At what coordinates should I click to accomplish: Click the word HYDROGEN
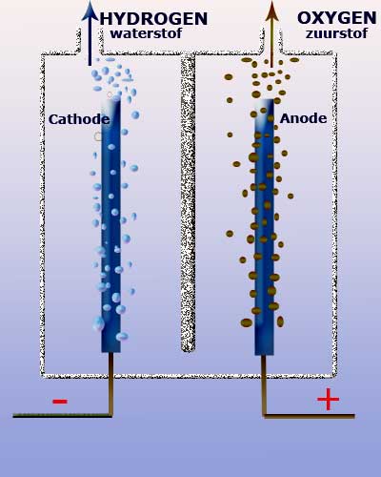(153, 19)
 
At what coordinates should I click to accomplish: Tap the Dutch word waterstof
(146, 33)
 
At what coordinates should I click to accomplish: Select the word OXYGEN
(337, 18)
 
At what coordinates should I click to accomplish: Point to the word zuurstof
(336, 33)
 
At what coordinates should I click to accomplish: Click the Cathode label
(79, 119)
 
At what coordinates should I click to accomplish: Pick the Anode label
(303, 118)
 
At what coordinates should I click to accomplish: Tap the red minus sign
(60, 402)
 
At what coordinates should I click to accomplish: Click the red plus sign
(328, 399)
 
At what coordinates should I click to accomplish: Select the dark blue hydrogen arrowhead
(90, 10)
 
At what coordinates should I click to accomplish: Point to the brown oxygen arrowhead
(271, 10)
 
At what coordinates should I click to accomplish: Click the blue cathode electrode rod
(110, 226)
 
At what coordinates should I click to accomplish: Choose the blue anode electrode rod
(264, 227)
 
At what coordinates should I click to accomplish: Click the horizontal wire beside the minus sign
(63, 415)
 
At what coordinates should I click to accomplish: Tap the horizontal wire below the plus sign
(309, 416)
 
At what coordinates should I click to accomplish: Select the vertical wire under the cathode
(110, 384)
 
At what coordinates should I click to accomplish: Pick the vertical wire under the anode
(264, 385)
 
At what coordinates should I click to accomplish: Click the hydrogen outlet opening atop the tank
(90, 41)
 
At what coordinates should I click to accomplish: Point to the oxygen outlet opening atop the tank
(271, 41)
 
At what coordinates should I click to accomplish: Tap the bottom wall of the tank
(188, 376)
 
